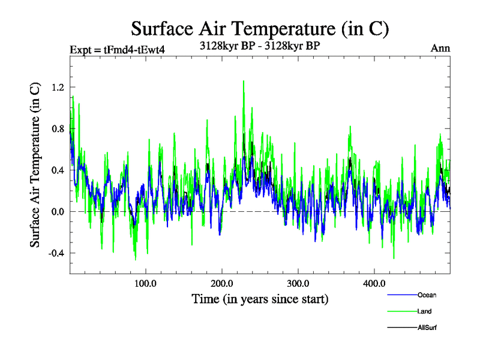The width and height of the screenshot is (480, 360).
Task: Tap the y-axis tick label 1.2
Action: coord(58,87)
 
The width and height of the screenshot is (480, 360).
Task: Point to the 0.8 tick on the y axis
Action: coord(58,128)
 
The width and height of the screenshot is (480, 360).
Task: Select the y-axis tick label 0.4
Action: coord(58,170)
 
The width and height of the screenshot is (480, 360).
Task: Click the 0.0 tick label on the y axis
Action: coord(58,211)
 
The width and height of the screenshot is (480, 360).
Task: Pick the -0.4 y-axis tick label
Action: coord(56,253)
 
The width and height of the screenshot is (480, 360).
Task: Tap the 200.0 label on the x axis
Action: coord(222,283)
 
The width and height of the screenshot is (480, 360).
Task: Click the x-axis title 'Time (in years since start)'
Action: coord(260,298)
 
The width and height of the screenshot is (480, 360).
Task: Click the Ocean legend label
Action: coord(427,295)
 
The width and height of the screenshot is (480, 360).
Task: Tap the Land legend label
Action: coord(424,311)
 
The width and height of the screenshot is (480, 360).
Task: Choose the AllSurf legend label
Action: coord(427,328)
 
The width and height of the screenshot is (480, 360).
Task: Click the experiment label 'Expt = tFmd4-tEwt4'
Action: coord(118,49)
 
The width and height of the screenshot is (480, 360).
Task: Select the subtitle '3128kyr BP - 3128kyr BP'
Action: coord(259,44)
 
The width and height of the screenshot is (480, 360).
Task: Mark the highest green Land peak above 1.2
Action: coord(244,81)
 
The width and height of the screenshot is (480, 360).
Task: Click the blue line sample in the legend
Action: coord(401,295)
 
